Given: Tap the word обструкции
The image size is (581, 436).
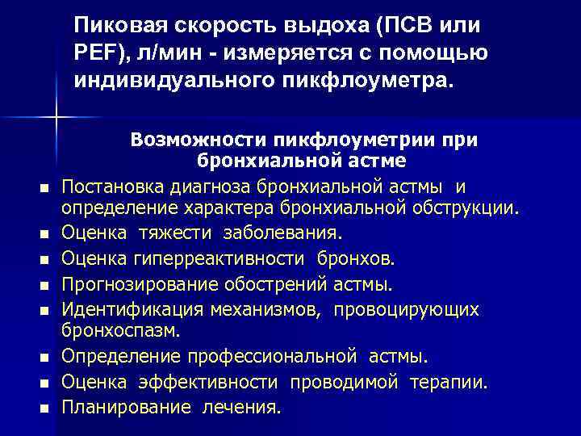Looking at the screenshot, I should coord(467,208).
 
